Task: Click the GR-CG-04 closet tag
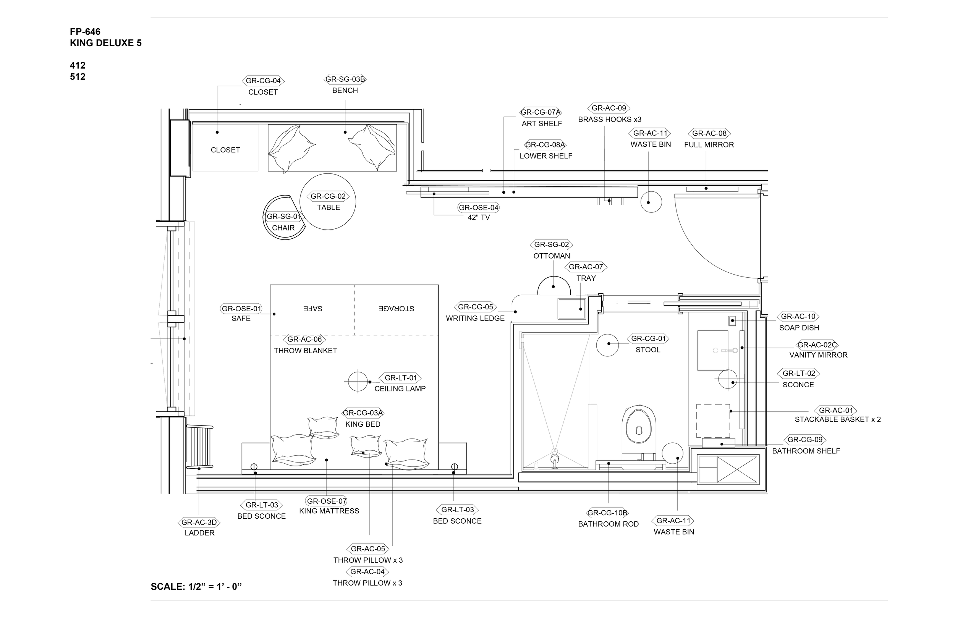click(x=263, y=81)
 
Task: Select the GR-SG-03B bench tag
click(x=345, y=79)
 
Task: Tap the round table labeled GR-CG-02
click(x=328, y=201)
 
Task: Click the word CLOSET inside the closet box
click(x=225, y=150)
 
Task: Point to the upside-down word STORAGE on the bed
click(x=396, y=309)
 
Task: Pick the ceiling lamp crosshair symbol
click(x=358, y=382)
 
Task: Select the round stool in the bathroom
click(x=607, y=345)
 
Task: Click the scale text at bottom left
click(x=196, y=587)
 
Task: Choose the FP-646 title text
click(x=85, y=32)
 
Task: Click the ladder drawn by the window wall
click(x=200, y=446)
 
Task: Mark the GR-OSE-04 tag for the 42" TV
click(x=478, y=208)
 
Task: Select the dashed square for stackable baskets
click(x=713, y=421)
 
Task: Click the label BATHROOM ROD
click(x=608, y=524)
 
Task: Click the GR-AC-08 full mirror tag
click(x=709, y=134)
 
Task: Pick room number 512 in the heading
click(x=78, y=77)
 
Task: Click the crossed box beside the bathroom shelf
click(x=737, y=469)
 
